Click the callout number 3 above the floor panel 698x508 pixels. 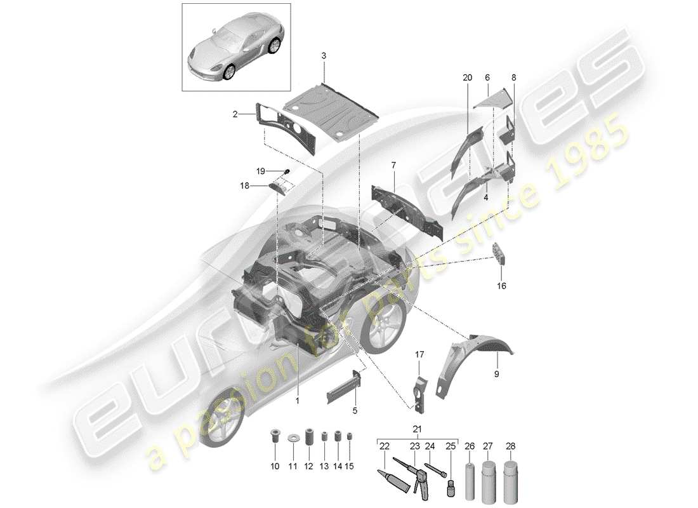[x=324, y=56]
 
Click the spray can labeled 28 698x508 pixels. [x=510, y=474]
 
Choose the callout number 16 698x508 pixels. [x=501, y=286]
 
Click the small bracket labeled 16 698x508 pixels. [x=501, y=253]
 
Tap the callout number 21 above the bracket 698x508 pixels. [x=416, y=429]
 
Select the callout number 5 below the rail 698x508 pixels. [x=355, y=411]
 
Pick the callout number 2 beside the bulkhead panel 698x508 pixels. [x=235, y=114]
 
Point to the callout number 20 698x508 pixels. [x=468, y=77]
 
